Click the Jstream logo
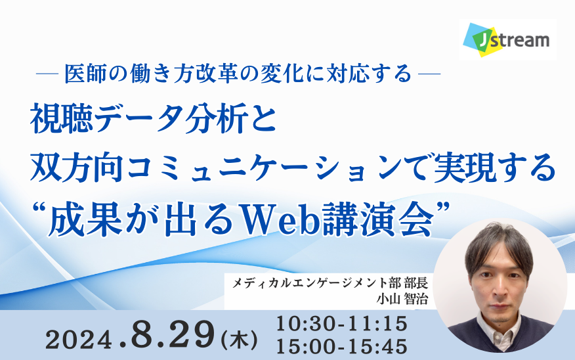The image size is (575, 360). pyautogui.click(x=507, y=39)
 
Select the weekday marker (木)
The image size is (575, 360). pyautogui.click(x=240, y=340)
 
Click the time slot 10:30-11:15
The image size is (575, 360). pyautogui.click(x=342, y=324)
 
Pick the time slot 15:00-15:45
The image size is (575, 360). pyautogui.click(x=342, y=347)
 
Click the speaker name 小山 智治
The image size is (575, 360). pyautogui.click(x=402, y=299)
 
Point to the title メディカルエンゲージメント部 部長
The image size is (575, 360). pyautogui.click(x=330, y=283)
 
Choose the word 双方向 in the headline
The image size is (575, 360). pyautogui.click(x=77, y=168)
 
